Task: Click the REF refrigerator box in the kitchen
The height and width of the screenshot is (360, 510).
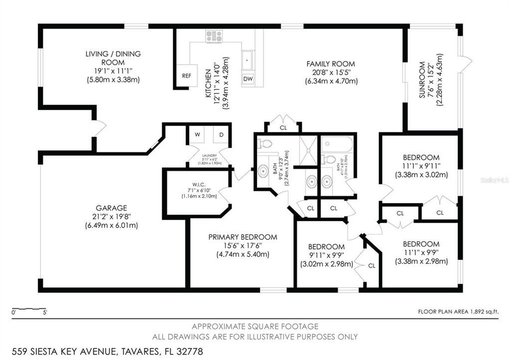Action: pyautogui.click(x=186, y=76)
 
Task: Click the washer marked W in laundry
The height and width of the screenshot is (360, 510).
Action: pyautogui.click(x=197, y=134)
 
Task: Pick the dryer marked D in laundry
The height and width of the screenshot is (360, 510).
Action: pyautogui.click(x=221, y=134)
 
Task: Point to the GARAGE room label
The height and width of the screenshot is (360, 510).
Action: pyautogui.click(x=111, y=207)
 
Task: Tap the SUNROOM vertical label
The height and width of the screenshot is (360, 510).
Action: pyautogui.click(x=422, y=80)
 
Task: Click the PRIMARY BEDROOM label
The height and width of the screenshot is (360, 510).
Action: pyautogui.click(x=242, y=237)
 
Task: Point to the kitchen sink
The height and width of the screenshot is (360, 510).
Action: pyautogui.click(x=247, y=60)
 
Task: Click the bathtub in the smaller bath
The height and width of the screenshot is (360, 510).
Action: pyautogui.click(x=338, y=144)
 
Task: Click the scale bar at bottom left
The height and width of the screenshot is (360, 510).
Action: pyautogui.click(x=29, y=308)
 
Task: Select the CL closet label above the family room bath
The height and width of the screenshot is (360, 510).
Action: pyautogui.click(x=283, y=127)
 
